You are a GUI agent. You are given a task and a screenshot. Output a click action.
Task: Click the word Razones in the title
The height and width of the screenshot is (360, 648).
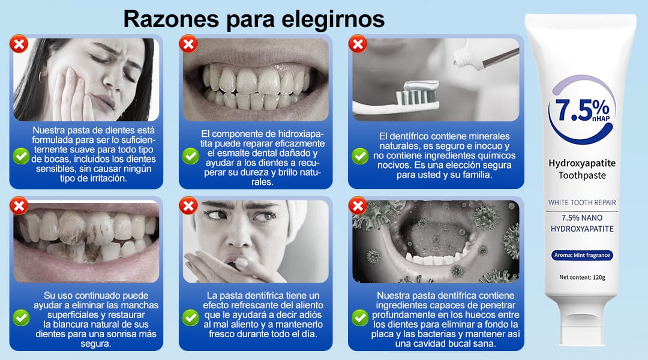click(x=171, y=19)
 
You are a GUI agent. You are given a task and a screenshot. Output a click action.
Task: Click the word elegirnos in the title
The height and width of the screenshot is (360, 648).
click(x=332, y=20)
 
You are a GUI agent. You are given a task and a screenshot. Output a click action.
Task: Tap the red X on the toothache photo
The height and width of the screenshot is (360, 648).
click(x=19, y=44)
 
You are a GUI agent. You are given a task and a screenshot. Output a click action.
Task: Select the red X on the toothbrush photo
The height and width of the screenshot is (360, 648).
click(x=358, y=44)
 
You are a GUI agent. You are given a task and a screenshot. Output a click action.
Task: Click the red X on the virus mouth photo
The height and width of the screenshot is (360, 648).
click(x=358, y=205)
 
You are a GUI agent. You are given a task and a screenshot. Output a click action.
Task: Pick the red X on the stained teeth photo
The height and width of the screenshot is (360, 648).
click(x=19, y=205)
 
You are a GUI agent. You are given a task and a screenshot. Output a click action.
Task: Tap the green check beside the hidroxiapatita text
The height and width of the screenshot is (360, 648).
click(x=191, y=156)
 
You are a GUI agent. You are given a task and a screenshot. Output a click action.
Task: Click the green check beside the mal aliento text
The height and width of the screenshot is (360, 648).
click(x=191, y=317)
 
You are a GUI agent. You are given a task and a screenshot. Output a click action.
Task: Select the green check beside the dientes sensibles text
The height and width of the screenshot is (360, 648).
click(x=21, y=156)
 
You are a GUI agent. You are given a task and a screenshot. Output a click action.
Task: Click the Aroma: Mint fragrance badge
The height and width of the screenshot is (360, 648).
click(x=582, y=256)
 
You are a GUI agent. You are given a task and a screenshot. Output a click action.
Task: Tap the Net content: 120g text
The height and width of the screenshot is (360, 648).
click(x=582, y=277)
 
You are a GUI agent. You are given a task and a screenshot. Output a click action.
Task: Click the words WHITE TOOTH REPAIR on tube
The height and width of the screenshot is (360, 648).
click(x=582, y=203)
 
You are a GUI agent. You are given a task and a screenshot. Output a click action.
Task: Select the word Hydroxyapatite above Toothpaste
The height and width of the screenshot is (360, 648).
click(x=582, y=163)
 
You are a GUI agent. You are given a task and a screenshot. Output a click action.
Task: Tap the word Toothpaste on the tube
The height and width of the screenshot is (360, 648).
click(x=582, y=176)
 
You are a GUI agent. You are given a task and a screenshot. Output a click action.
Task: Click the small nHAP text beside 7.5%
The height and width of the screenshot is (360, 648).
click(x=601, y=119)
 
